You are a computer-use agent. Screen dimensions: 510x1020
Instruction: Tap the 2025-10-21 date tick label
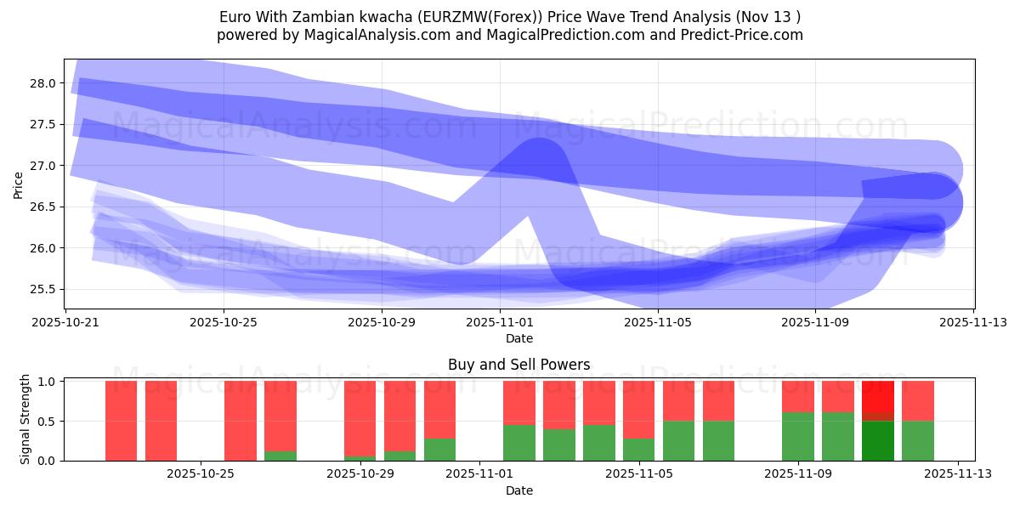[66, 323]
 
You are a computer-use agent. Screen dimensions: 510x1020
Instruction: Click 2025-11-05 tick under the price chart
[657, 323]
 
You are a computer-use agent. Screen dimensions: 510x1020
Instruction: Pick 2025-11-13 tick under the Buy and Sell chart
[958, 474]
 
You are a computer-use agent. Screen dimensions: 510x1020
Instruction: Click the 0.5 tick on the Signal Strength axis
[47, 422]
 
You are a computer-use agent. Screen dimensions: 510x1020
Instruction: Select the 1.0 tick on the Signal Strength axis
[47, 382]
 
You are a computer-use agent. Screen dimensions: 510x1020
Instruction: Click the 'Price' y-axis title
[19, 184]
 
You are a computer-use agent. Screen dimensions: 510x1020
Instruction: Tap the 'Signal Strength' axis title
[25, 420]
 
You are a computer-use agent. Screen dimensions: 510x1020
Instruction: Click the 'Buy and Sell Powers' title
[518, 365]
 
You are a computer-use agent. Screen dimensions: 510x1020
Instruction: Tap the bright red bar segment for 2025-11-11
[877, 396]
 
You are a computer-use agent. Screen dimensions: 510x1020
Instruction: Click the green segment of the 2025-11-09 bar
[797, 437]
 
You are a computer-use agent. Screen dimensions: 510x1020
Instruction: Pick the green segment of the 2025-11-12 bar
[917, 441]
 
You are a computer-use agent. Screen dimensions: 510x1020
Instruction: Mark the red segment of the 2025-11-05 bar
[638, 410]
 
